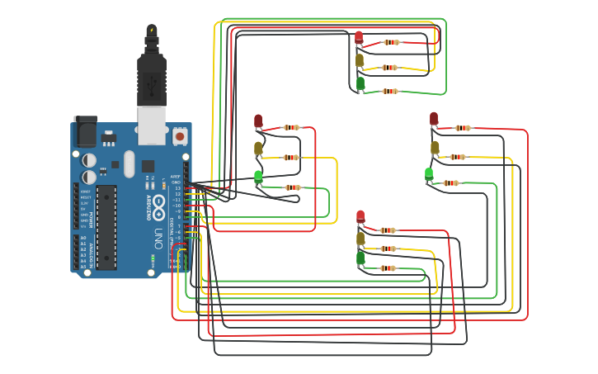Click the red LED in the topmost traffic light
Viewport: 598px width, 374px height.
pyautogui.click(x=359, y=37)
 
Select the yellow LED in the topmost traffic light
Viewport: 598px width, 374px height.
pyautogui.click(x=360, y=60)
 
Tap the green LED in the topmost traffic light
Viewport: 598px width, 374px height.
pyautogui.click(x=360, y=83)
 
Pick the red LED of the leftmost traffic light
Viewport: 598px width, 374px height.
pyautogui.click(x=258, y=122)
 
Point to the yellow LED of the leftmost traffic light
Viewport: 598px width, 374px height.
pyautogui.click(x=258, y=149)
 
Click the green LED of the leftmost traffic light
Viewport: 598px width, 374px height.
pyautogui.click(x=258, y=176)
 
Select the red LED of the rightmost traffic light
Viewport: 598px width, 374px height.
pyautogui.click(x=434, y=119)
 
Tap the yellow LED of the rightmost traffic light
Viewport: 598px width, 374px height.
pyautogui.click(x=435, y=148)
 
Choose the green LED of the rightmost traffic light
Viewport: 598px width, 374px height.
pyautogui.click(x=429, y=173)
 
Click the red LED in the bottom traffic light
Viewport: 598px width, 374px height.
pyautogui.click(x=360, y=217)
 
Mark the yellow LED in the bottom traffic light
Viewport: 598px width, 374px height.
pyautogui.click(x=360, y=239)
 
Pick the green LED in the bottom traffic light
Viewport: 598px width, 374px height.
pyautogui.click(x=360, y=259)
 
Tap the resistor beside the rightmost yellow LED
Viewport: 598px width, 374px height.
pyautogui.click(x=458, y=157)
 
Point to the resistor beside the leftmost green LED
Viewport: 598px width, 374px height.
pyautogui.click(x=292, y=187)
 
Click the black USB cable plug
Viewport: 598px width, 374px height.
pyautogui.click(x=152, y=78)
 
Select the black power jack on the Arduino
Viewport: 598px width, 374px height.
pyautogui.click(x=85, y=131)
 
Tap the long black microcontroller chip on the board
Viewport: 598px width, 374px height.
pyautogui.click(x=106, y=227)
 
